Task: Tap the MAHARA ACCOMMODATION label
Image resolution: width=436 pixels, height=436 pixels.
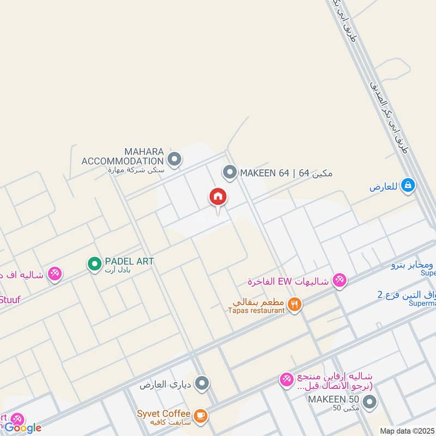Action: point(123,156)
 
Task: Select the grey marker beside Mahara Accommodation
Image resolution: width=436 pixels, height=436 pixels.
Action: point(174,160)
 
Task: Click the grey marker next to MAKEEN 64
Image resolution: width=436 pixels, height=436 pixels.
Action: point(229,173)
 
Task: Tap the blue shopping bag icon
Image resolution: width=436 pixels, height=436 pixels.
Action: point(407,186)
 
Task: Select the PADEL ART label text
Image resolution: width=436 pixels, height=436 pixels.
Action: point(129,262)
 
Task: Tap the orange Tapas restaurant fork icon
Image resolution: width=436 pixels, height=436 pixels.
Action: point(295,305)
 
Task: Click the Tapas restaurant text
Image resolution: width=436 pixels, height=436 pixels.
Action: point(256,310)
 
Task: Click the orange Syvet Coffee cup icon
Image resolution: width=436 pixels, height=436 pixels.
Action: point(201,416)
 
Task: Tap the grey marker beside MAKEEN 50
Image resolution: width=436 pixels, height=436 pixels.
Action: point(370,403)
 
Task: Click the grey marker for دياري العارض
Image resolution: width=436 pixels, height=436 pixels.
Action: point(202,384)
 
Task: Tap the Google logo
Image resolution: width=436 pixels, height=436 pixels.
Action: point(23,428)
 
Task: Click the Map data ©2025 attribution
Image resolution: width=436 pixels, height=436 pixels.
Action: point(406,431)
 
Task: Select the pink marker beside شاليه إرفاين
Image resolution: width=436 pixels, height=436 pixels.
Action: point(286,380)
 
